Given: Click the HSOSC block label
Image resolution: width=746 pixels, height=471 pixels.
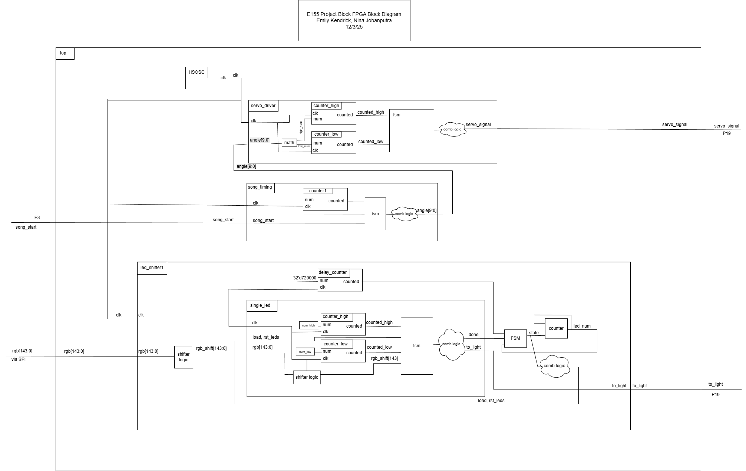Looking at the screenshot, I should tap(197, 72).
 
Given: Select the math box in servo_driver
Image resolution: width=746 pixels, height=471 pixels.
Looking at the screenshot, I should tap(289, 143).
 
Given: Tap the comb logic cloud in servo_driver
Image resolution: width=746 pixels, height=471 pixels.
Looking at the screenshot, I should tap(452, 129).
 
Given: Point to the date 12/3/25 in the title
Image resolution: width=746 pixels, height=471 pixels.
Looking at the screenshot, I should tap(354, 27).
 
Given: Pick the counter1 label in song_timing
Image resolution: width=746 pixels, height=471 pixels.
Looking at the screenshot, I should tap(318, 191).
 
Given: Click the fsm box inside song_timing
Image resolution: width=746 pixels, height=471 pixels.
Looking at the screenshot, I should tap(375, 214).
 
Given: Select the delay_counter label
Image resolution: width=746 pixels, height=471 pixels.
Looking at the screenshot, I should tap(333, 272).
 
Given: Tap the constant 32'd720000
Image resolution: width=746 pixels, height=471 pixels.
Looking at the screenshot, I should tap(305, 278).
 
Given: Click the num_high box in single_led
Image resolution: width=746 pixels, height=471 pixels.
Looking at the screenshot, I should tap(308, 325).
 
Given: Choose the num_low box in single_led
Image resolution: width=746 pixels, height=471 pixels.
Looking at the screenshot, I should tap(305, 352).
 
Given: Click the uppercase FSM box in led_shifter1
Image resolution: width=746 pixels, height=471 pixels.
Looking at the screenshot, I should tap(515, 338).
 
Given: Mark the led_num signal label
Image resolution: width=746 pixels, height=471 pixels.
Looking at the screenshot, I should tap(582, 326).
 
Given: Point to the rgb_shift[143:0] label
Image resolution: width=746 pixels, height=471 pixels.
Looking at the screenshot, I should tap(211, 348).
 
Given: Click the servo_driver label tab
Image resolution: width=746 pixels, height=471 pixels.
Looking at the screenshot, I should tap(263, 106).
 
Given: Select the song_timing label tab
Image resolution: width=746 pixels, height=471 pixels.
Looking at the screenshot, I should tap(260, 187).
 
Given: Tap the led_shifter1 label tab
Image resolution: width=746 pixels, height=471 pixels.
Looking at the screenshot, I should tap(152, 268).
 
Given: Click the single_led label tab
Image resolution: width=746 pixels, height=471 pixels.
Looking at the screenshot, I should tap(260, 305).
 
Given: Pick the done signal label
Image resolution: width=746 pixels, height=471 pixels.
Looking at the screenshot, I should tap(473, 335).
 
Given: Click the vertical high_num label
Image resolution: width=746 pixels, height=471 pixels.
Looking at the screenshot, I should tap(301, 127).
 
